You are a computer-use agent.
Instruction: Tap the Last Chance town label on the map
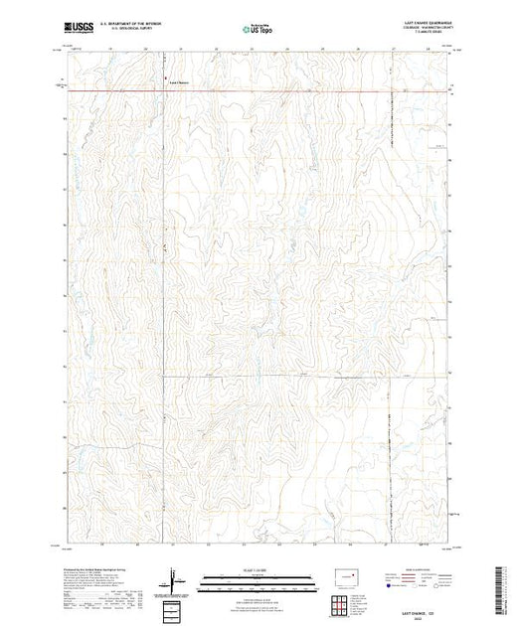pyautogui.click(x=180, y=80)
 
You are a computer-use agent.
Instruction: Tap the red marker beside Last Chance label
pyautogui.click(x=165, y=80)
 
